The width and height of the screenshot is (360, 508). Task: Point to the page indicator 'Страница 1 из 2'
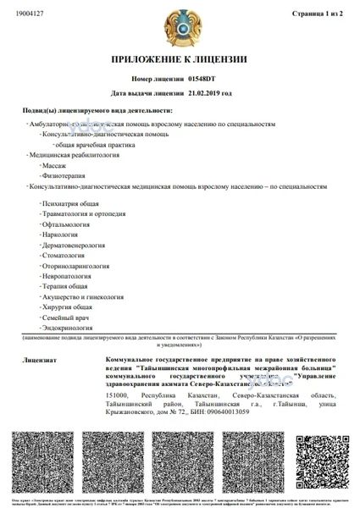tap(317, 14)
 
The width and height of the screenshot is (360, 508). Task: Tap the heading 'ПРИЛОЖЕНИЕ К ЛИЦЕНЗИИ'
tap(180, 61)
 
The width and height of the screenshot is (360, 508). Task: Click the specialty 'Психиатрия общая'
tap(70, 204)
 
